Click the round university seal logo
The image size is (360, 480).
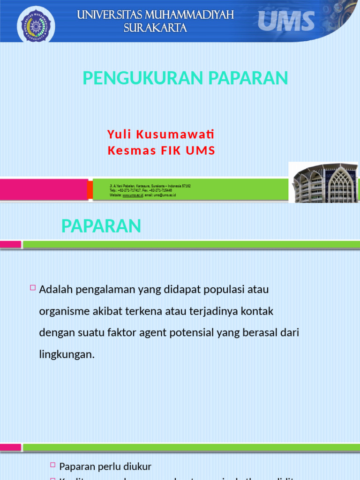[36, 23]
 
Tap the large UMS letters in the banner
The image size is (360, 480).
[286, 22]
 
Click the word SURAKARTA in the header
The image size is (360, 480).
[155, 28]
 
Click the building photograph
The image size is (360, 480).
[323, 183]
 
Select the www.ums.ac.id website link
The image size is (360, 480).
[133, 195]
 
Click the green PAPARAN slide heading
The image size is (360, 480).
[101, 226]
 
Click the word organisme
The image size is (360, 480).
[65, 311]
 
